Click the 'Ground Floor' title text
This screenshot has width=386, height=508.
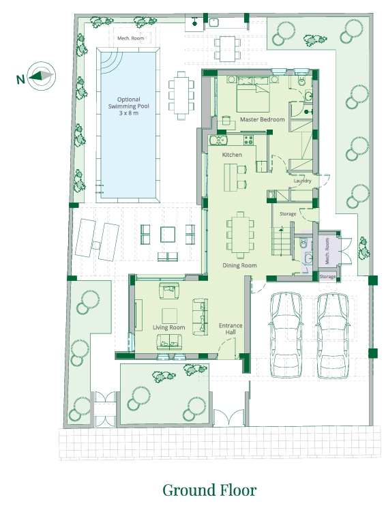pos(209,490)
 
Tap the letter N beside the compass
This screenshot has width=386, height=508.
pos(20,78)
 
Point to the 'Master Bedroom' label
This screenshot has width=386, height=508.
pos(262,119)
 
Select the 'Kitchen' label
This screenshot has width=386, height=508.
pos(232,155)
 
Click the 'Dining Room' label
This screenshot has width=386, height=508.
pos(239,265)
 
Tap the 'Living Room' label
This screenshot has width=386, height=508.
pos(169,327)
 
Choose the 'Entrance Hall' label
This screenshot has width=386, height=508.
pos(231,329)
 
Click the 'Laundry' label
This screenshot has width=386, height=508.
pos(302,181)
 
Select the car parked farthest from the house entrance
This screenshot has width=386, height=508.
pos(332,335)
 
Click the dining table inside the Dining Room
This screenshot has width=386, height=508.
pos(240,235)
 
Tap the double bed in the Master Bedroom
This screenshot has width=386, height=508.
pos(253,94)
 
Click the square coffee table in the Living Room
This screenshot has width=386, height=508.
pos(170,316)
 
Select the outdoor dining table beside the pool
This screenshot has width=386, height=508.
pos(181,95)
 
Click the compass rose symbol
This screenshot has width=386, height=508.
pos(41,76)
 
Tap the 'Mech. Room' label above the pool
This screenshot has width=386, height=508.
pos(131,38)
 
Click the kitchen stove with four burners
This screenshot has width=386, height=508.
pos(249,140)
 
